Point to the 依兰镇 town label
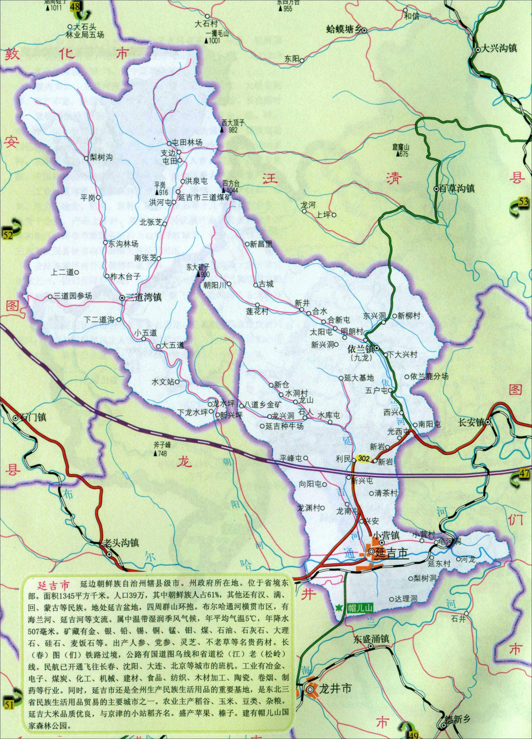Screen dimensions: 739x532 (x=360, y=349)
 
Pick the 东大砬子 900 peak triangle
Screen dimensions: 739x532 (x=198, y=275)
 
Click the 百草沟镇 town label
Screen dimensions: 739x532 (x=457, y=188)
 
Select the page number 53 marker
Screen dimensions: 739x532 (x=523, y=202)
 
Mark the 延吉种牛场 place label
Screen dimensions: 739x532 (x=284, y=426)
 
